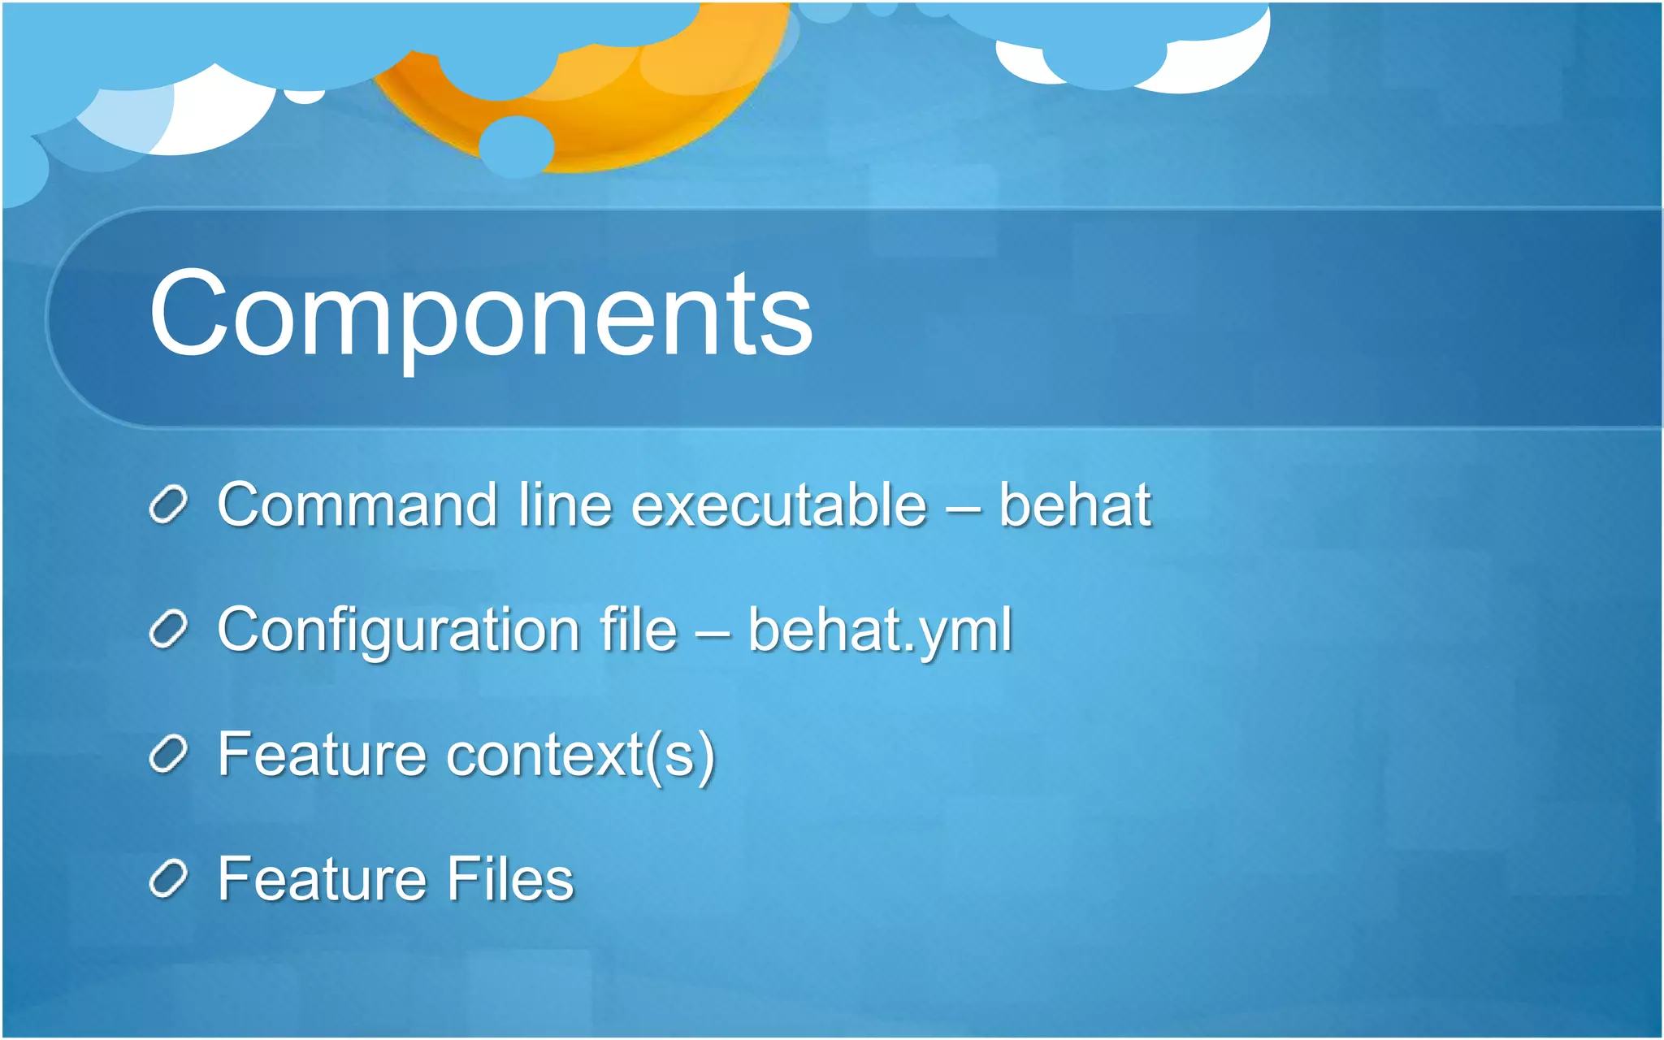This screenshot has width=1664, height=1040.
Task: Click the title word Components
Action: pos(481,315)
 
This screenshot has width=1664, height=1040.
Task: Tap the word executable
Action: pos(778,505)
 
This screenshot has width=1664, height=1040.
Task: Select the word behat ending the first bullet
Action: pos(1074,505)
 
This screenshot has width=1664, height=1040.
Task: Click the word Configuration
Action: pos(398,630)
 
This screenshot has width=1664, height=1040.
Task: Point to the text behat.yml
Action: pos(879,630)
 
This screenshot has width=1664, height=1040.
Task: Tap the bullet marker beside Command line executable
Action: pos(169,505)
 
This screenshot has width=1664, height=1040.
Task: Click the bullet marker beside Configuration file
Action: pos(169,630)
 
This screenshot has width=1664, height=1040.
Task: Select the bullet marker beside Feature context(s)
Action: pos(169,756)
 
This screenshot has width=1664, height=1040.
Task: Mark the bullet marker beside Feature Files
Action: pos(169,879)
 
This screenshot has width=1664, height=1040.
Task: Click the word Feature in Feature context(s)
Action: pos(322,756)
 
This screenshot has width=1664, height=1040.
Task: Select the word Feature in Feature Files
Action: pos(322,879)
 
